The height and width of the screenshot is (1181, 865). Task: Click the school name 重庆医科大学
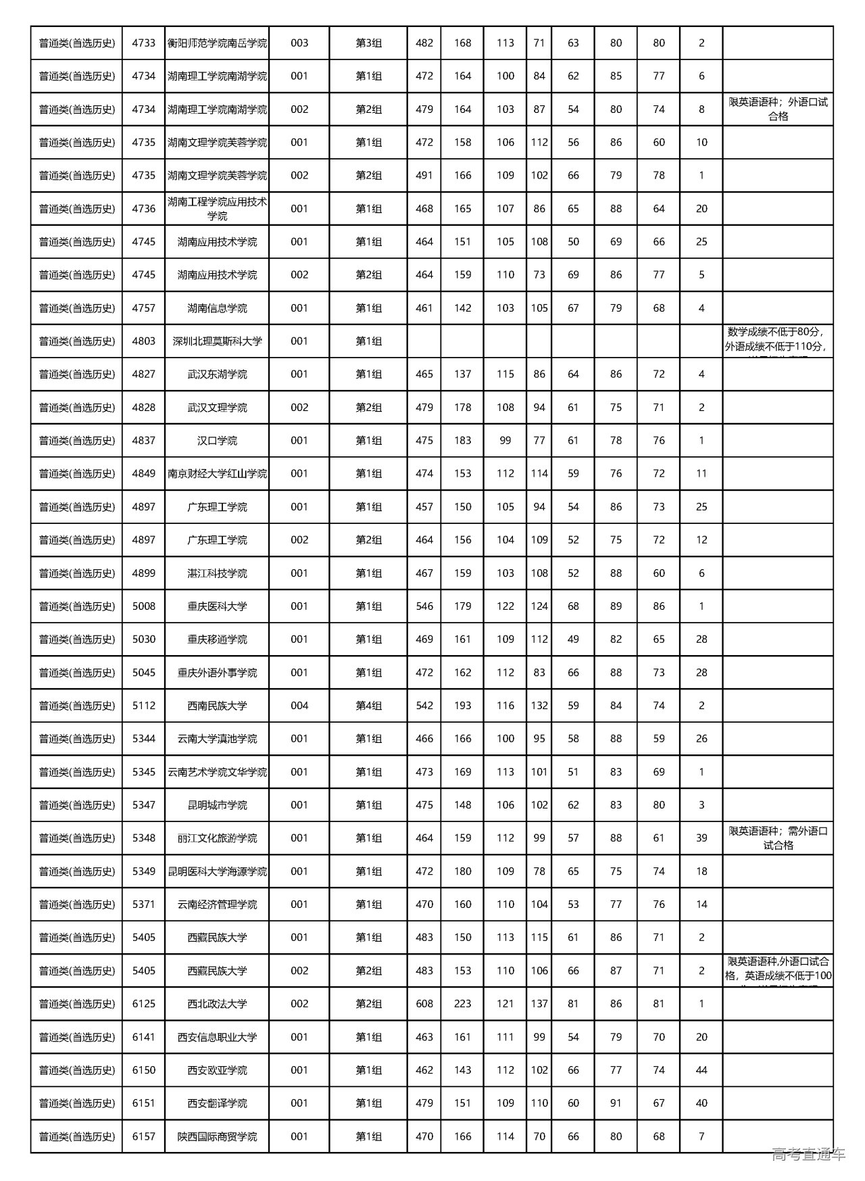click(217, 606)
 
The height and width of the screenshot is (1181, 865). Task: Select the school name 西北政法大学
click(217, 1004)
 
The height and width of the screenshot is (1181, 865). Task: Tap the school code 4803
click(143, 341)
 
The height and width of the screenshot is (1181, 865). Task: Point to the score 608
click(424, 1004)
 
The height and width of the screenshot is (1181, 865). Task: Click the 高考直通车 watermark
click(808, 1154)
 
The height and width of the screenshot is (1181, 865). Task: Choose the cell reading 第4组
click(368, 706)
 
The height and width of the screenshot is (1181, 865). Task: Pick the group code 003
click(299, 43)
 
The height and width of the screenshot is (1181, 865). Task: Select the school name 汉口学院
click(217, 441)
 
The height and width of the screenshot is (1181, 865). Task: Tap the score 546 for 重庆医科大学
click(424, 606)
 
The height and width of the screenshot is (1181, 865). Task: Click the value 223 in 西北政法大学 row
click(462, 1004)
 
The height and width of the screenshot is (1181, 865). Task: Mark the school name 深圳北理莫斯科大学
click(217, 341)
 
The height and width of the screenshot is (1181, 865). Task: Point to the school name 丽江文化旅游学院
click(217, 838)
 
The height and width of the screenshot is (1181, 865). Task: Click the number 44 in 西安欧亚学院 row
click(701, 1070)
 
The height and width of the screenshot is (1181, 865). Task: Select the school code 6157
click(143, 1136)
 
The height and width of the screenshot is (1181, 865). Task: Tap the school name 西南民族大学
click(217, 706)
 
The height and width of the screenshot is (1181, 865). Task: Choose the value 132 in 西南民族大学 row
click(539, 706)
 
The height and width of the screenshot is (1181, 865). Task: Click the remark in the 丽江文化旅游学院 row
click(778, 838)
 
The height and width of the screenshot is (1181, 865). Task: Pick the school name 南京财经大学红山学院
click(217, 474)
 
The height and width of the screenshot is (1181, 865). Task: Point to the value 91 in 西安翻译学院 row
click(616, 1103)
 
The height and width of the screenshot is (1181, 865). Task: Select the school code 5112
click(143, 706)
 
